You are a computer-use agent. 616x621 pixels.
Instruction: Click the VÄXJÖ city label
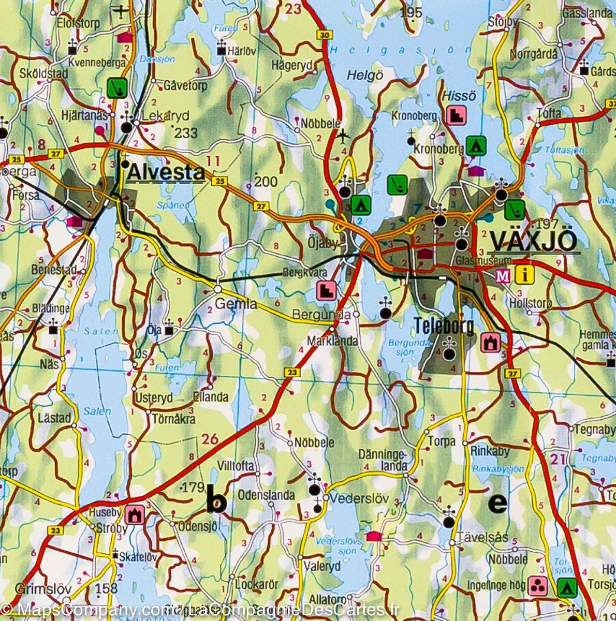coord(533,241)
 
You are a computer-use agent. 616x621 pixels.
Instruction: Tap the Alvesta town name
coord(166,173)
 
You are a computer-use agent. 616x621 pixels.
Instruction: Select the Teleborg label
coord(444,326)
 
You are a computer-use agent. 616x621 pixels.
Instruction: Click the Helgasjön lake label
coord(401,50)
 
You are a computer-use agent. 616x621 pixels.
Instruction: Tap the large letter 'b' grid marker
coord(216,499)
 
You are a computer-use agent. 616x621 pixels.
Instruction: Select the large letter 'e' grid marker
coord(497,502)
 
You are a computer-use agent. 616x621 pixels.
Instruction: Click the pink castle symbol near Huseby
coord(136,514)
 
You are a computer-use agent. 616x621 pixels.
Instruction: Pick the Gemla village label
coord(236,304)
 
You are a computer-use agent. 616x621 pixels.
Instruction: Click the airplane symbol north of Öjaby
coord(343,136)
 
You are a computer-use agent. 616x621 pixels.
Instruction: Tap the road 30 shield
coord(325,35)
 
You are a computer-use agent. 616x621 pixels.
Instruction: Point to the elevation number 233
coord(186,133)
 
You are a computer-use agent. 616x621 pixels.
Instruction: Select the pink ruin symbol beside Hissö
coord(457,115)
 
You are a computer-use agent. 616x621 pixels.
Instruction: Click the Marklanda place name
coord(332,342)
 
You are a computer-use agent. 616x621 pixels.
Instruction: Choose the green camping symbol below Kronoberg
coord(475,146)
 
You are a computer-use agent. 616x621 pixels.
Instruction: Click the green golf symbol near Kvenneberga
coord(119,87)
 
